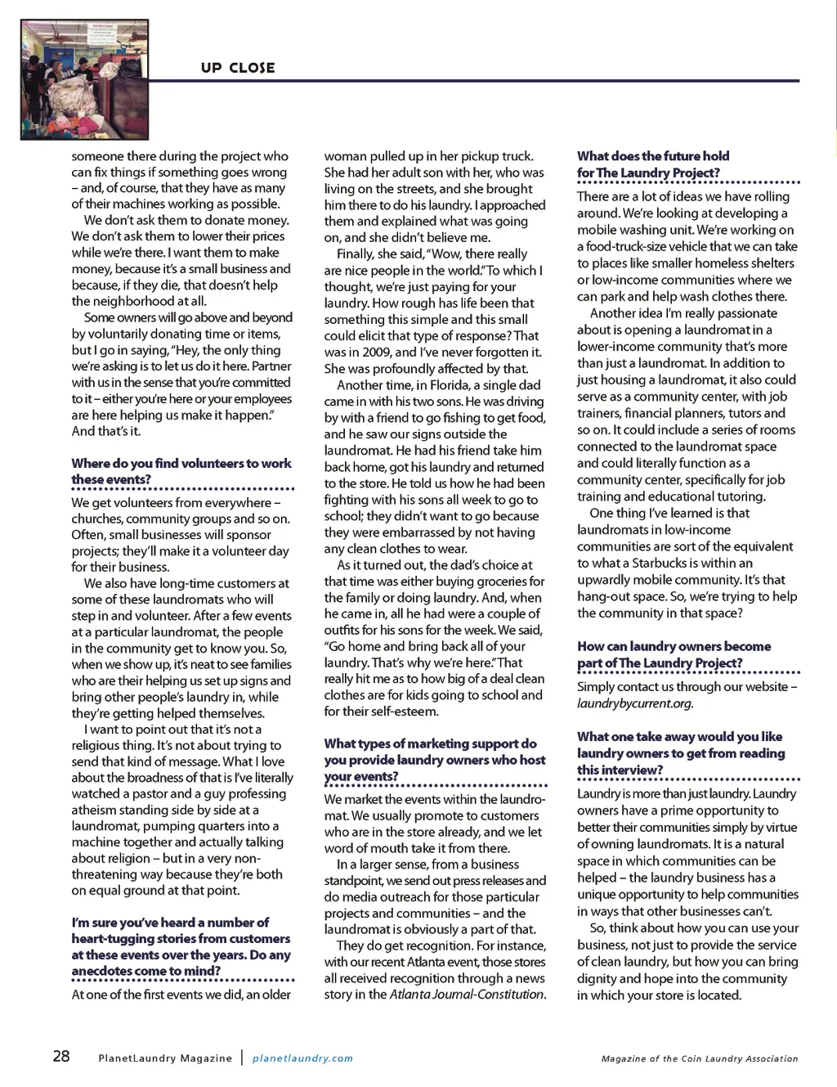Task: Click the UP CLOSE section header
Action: click(238, 68)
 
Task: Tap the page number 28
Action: click(61, 1056)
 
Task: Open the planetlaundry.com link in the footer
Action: click(302, 1058)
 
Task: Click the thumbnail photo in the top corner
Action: click(84, 79)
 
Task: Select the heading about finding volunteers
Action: click(181, 471)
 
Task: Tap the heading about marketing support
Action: click(434, 759)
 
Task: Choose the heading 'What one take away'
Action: click(680, 752)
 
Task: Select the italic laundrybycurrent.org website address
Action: click(634, 703)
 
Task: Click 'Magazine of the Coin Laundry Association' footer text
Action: click(700, 1058)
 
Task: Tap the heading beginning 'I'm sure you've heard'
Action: click(181, 946)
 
